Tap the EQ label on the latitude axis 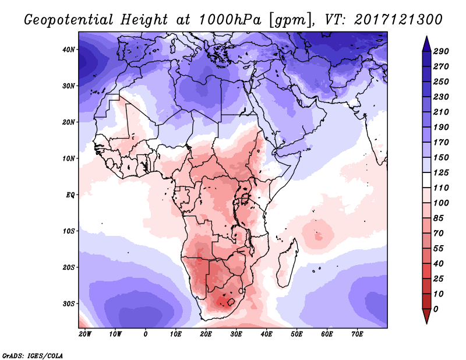70,195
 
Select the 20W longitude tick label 85,334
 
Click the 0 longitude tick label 145,334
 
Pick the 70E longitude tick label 358,334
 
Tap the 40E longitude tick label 267,334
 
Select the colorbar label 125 442,174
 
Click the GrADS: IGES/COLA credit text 32,354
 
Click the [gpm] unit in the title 290,20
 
